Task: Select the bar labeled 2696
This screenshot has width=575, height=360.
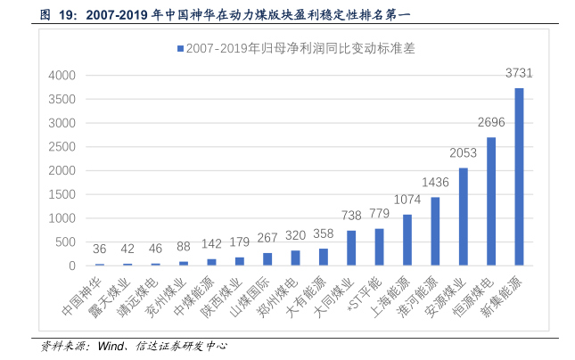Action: pos(491,201)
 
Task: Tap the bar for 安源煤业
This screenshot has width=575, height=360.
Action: pos(464,217)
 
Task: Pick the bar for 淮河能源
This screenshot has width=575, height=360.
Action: pos(435,232)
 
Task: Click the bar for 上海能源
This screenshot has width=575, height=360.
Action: pos(407,240)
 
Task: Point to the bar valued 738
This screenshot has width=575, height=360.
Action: pos(351,248)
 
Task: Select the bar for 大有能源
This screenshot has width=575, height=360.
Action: pos(324,257)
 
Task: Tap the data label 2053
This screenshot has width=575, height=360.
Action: pos(464,153)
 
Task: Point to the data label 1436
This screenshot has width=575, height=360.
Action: pos(435,183)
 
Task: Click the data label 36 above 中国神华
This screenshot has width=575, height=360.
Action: pos(100,249)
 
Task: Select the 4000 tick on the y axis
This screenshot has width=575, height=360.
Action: pos(63,76)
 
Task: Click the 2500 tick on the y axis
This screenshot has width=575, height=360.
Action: pos(63,147)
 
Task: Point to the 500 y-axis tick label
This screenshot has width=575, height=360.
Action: pos(67,242)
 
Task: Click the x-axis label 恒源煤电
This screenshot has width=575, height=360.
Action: pos(480,300)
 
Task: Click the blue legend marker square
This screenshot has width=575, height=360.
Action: pos(180,48)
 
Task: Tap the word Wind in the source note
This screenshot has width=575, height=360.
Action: pos(111,346)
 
